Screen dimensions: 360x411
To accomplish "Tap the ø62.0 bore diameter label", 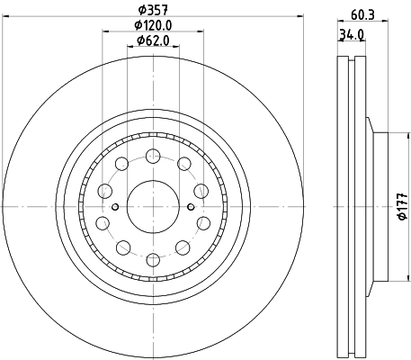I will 151,40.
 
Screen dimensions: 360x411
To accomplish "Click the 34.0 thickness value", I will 351,36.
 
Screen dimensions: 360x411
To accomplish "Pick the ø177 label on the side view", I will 402,206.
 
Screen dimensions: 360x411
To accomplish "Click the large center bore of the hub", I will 151,206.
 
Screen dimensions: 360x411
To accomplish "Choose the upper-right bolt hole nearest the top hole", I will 183,163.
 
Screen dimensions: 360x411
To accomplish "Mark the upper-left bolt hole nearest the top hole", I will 120,163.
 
